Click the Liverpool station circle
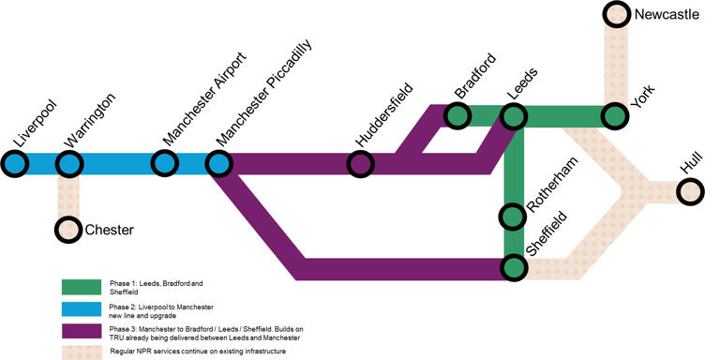(15, 164)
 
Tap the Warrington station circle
(68, 164)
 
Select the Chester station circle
(68, 229)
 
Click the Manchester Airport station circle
(166, 164)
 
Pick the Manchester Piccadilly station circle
(219, 164)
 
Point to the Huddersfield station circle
(362, 164)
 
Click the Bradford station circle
(457, 116)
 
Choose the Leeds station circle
(514, 116)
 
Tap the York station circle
(615, 116)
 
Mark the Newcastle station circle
(615, 15)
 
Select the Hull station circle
(691, 191)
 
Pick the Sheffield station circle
(514, 267)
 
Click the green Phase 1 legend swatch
(81, 286)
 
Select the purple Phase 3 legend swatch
(81, 330)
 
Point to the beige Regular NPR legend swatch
(81, 351)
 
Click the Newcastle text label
(667, 14)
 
